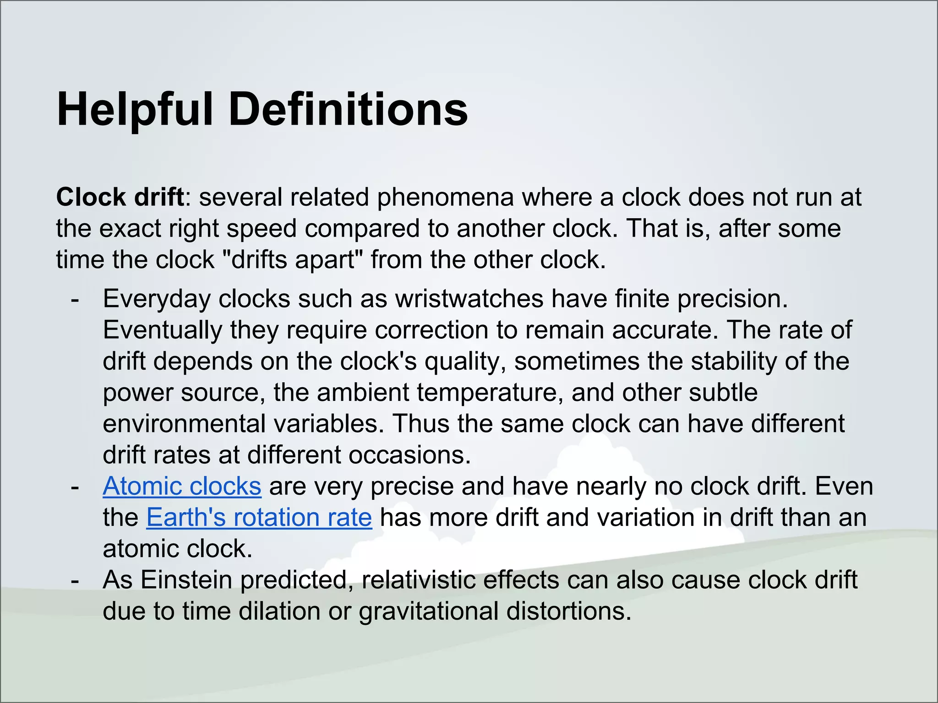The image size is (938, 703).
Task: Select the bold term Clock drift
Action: [x=120, y=197]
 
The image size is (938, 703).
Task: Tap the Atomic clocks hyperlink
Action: [x=182, y=486]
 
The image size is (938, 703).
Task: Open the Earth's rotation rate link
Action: [x=259, y=518]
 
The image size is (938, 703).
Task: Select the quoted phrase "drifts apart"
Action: [x=292, y=260]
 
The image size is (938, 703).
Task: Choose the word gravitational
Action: [x=428, y=611]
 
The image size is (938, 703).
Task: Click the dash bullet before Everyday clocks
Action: [x=75, y=300]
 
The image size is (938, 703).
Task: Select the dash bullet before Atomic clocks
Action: [x=75, y=487]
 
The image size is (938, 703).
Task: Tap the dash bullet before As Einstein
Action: [x=75, y=581]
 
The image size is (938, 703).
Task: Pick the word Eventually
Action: [x=162, y=330]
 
